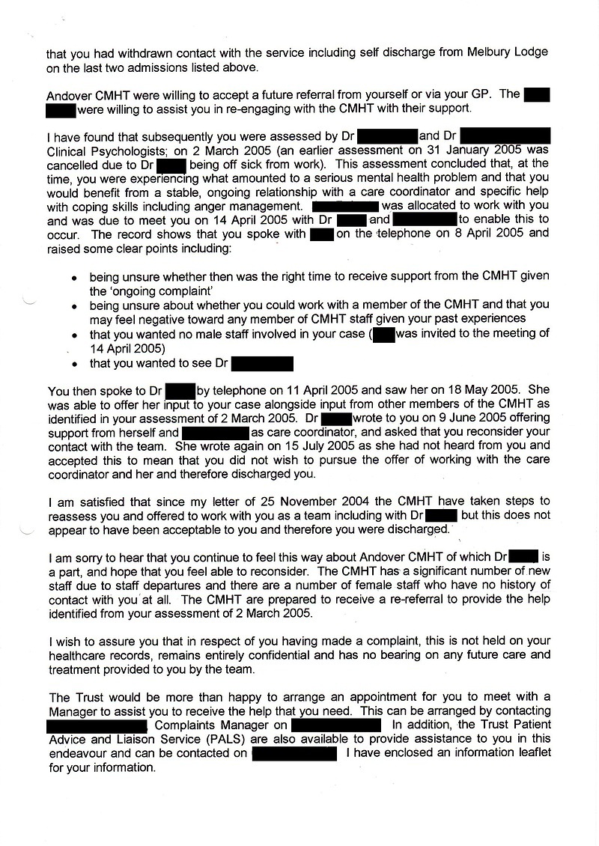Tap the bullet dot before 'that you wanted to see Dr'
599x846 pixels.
click(x=73, y=365)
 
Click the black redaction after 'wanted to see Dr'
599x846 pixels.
click(x=262, y=364)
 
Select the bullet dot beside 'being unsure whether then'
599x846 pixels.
click(x=73, y=277)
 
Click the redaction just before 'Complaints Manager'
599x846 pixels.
click(x=97, y=725)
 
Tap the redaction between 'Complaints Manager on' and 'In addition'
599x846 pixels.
click(x=336, y=725)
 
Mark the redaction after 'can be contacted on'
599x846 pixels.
click(x=297, y=752)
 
